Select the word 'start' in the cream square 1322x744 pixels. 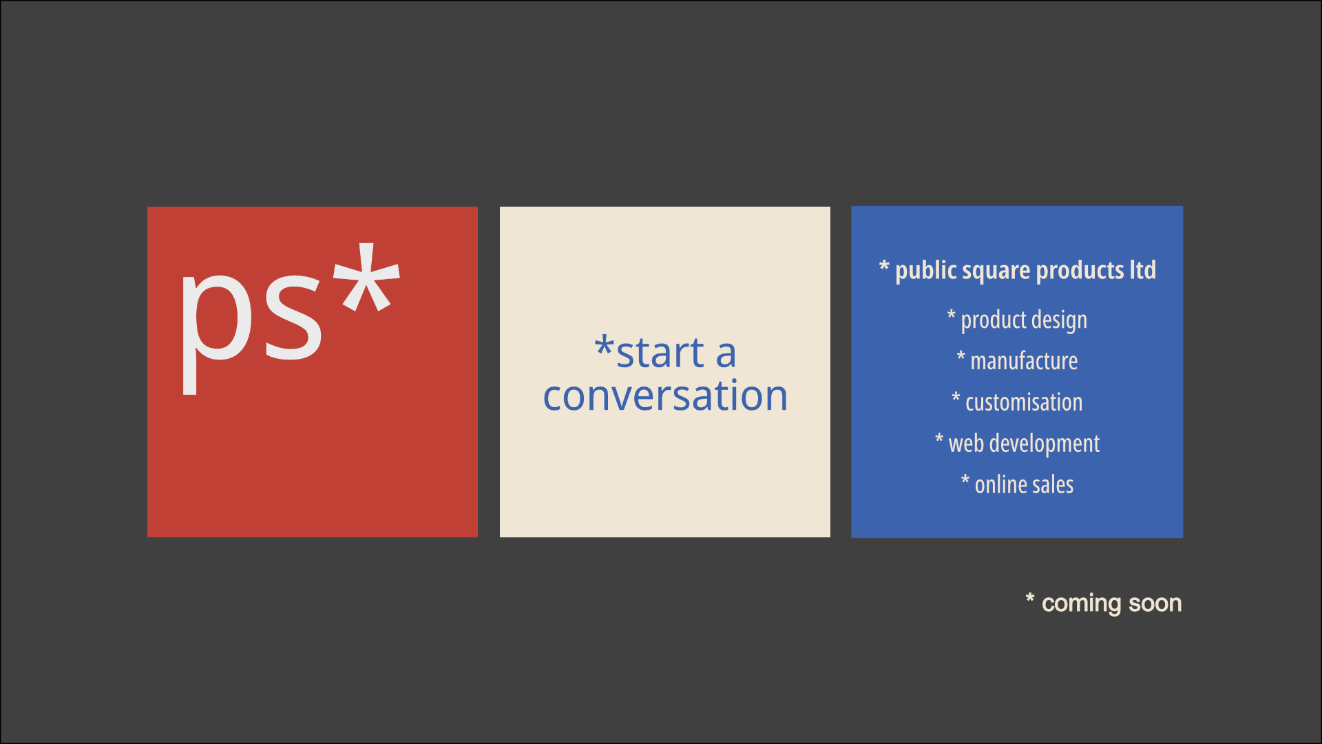(x=660, y=353)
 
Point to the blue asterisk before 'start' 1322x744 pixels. (x=605, y=346)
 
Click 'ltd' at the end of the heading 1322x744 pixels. (x=1143, y=269)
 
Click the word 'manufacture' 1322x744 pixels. (x=1024, y=361)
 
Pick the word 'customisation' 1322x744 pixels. (x=1024, y=402)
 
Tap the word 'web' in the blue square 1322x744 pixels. (x=966, y=444)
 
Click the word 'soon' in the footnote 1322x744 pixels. (x=1155, y=603)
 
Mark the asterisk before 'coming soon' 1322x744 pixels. (x=1030, y=598)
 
